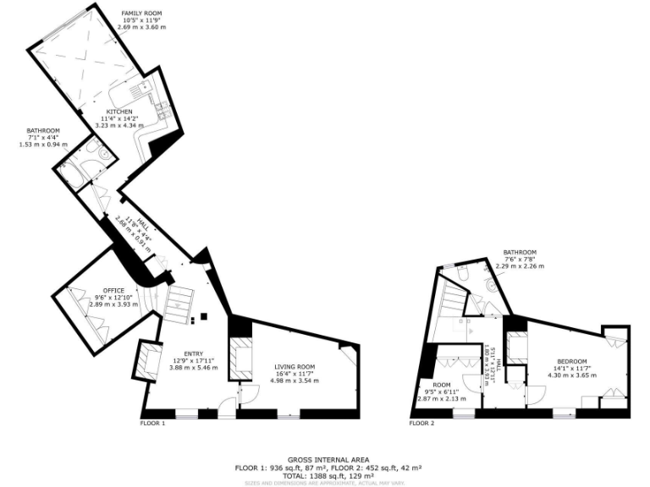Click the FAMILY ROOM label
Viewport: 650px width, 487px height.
(140, 14)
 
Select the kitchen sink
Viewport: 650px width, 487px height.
(140, 87)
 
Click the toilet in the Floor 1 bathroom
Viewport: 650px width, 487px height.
(101, 156)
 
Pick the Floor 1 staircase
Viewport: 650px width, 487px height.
(180, 300)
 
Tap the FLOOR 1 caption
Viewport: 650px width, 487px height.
(152, 422)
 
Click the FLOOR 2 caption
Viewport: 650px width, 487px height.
(421, 423)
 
